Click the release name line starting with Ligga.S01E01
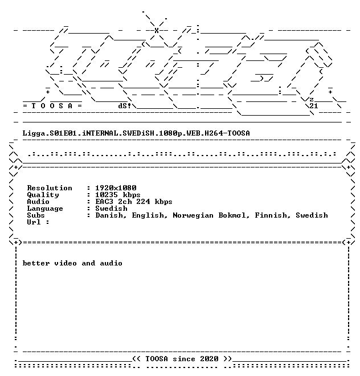(x=136, y=133)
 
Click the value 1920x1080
(x=116, y=188)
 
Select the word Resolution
(x=50, y=188)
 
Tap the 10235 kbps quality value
(x=118, y=195)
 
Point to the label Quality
(x=43, y=195)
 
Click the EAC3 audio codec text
(x=104, y=202)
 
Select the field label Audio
(x=38, y=202)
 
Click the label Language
(x=45, y=209)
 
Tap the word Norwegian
(x=193, y=215)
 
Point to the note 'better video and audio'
(x=72, y=263)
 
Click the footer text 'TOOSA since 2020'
(x=182, y=359)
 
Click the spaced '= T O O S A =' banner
(x=52, y=106)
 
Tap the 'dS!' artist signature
(x=125, y=106)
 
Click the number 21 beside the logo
(x=314, y=106)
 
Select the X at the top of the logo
(x=157, y=30)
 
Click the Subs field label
(x=36, y=215)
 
